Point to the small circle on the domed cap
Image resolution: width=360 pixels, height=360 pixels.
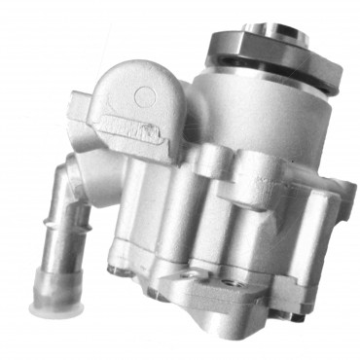tap(144, 96)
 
